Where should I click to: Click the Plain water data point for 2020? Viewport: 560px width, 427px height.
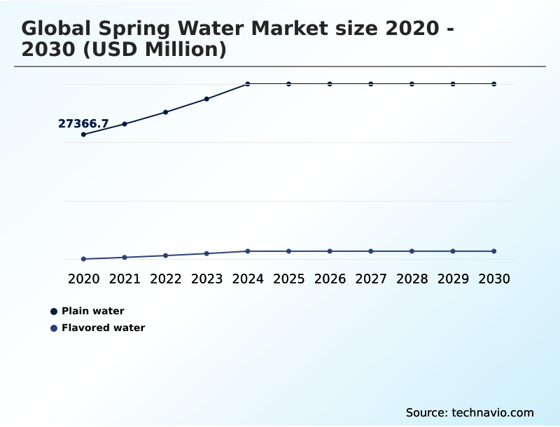pos(83,134)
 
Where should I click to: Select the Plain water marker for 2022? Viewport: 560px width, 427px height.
pos(166,112)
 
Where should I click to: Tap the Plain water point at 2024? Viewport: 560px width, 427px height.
pos(248,84)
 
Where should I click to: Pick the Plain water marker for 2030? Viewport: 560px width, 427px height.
pos(494,84)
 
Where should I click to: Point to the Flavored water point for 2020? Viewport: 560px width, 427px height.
pos(83,259)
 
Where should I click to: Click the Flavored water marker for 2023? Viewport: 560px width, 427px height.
pos(206,253)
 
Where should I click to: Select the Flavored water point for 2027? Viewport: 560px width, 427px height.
pos(371,251)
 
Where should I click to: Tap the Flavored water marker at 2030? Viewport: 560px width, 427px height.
pos(494,251)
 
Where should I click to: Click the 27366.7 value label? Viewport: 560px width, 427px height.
pos(83,124)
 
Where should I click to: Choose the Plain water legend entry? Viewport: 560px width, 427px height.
pos(92,311)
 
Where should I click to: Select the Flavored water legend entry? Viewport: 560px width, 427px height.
pos(103,328)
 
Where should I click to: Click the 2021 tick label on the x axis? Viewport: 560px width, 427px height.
pos(125,279)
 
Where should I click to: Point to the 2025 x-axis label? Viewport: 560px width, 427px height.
pos(289,279)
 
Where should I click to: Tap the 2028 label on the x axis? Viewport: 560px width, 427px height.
pos(412,279)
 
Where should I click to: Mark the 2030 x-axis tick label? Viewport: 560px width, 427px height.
pos(494,279)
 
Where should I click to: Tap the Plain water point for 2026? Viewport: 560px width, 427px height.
pos(330,84)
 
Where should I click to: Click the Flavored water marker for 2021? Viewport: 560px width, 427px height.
pos(125,258)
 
